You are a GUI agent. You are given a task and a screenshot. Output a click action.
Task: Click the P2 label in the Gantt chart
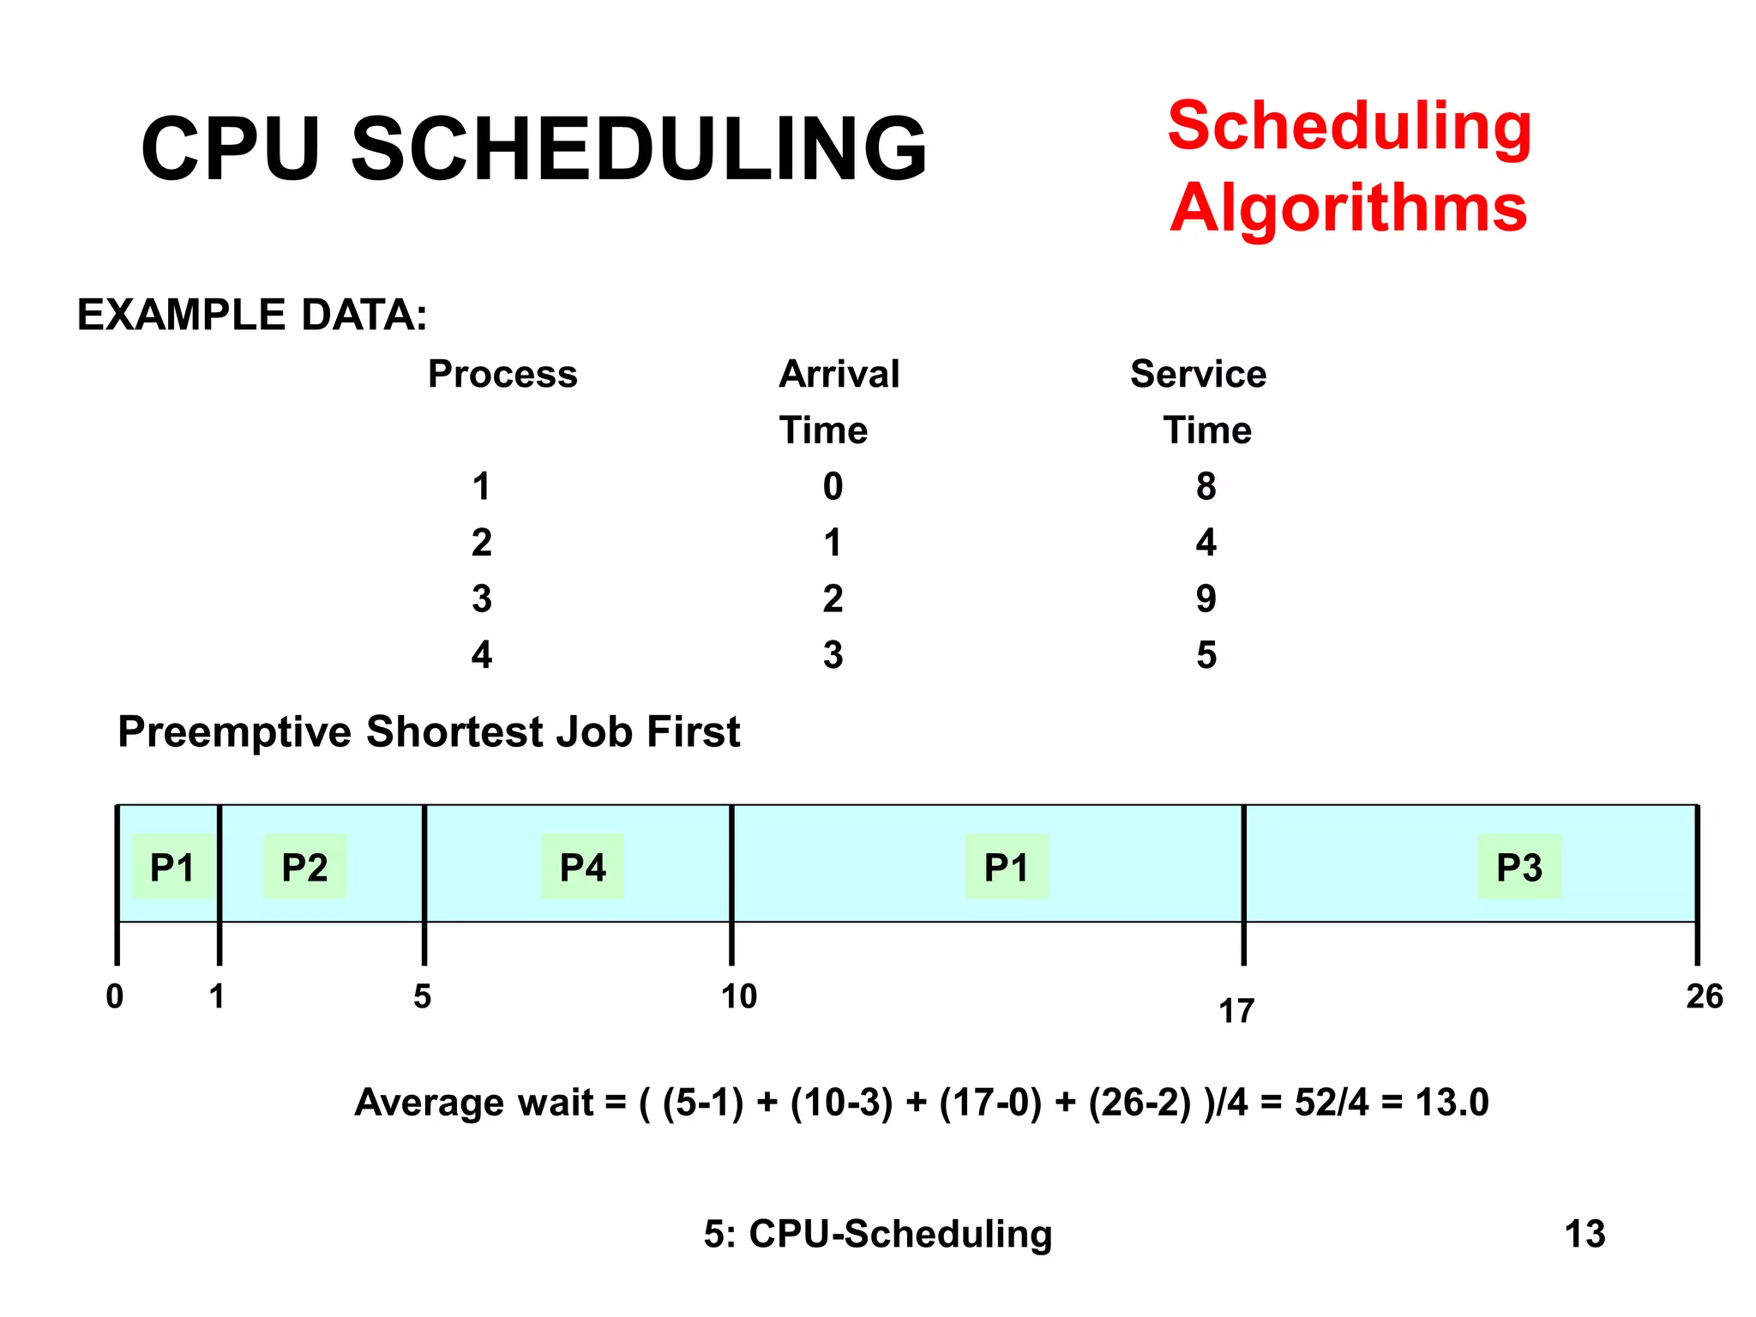coord(304,867)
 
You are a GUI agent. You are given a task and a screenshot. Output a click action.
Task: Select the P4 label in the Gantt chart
coord(582,867)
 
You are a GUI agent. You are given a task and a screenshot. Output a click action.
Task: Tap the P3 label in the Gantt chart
coord(1518,867)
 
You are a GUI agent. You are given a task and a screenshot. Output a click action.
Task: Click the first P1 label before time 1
coord(172,867)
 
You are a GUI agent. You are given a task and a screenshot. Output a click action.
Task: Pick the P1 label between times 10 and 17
coord(1006,867)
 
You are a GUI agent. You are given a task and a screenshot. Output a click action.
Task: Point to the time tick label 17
coord(1236,1012)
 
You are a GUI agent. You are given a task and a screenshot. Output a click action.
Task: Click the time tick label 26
coord(1704,996)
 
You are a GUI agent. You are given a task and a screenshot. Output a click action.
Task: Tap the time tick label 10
coord(738,996)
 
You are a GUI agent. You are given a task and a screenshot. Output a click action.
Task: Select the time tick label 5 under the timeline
coord(422,996)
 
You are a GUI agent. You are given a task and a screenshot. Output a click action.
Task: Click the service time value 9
coord(1206,598)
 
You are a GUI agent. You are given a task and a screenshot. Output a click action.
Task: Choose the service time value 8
coord(1206,486)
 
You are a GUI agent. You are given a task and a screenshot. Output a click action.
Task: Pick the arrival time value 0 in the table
coord(833,486)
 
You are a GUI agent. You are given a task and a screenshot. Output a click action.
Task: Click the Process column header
coord(502,374)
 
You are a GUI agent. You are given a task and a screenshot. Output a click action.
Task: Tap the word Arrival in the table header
coord(839,374)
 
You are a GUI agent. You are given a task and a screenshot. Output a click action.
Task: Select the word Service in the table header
coord(1198,374)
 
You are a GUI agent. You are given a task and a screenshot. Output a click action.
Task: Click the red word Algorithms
coord(1348,208)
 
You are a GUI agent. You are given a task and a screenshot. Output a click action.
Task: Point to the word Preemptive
coord(234,732)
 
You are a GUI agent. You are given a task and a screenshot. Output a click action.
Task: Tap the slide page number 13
coord(1585,1234)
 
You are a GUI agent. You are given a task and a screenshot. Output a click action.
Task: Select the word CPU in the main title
coord(231,149)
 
